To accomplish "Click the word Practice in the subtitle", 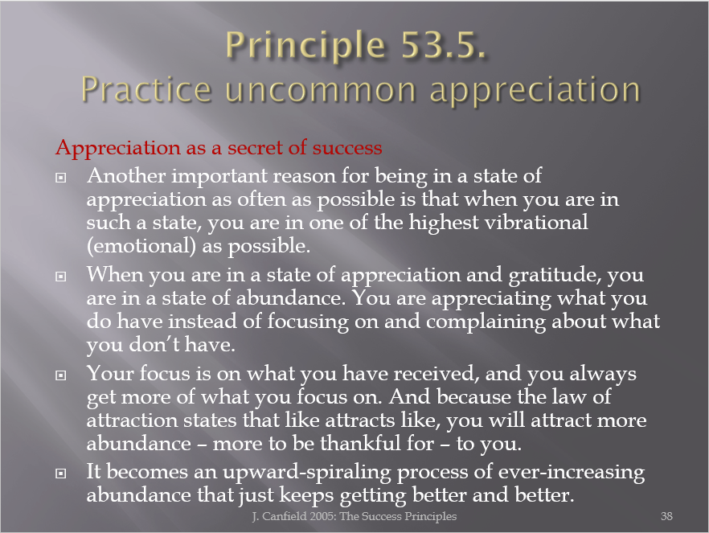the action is (x=146, y=90).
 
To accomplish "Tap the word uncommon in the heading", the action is (x=320, y=90).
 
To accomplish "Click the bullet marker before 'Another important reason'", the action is (x=60, y=178).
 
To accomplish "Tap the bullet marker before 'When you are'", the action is (x=60, y=277).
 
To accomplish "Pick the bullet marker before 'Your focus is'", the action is (x=60, y=375).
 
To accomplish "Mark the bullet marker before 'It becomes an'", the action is (x=60, y=474).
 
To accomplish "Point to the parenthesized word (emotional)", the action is (x=141, y=246).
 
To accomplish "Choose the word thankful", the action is (x=360, y=443).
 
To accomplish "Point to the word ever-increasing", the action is (x=572, y=473).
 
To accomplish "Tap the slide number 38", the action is (x=666, y=516).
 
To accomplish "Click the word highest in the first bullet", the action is (x=444, y=223).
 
